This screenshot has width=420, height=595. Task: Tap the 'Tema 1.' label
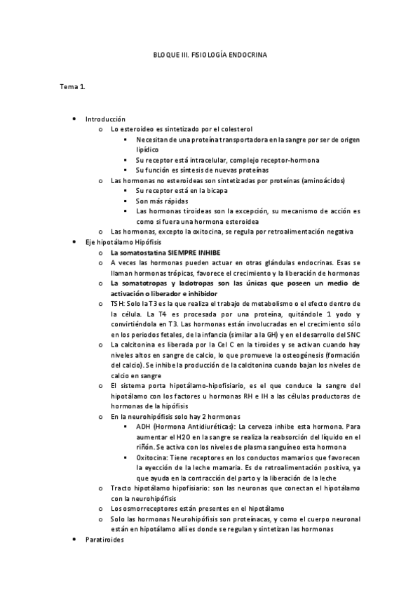[72, 87]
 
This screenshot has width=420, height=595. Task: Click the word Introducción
[105, 120]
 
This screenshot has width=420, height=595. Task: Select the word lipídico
[148, 149]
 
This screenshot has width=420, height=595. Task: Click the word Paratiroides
[105, 540]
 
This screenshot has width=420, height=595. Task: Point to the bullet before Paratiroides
[74, 540]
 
